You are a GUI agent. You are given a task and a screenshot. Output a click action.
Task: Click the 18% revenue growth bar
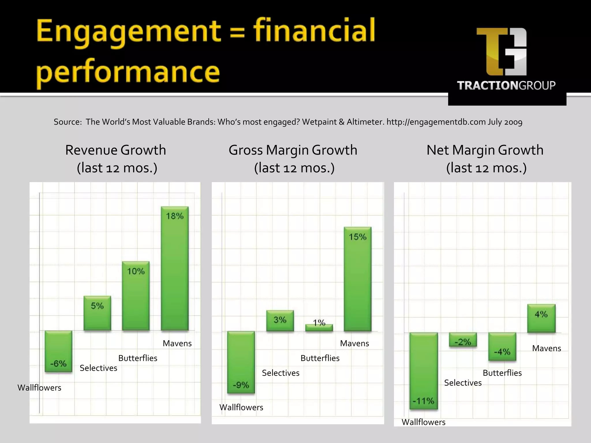[x=175, y=268]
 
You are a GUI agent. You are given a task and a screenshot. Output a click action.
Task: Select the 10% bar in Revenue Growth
[x=136, y=296]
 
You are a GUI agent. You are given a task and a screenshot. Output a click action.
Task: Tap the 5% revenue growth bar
[x=97, y=313]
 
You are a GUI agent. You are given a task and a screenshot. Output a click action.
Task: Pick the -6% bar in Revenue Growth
[x=58, y=351]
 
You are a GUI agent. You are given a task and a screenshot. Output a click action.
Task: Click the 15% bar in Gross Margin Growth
[x=358, y=279]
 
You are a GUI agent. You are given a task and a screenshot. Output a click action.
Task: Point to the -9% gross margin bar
[x=241, y=362]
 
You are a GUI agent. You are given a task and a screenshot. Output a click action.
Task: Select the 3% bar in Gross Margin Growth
[x=280, y=320]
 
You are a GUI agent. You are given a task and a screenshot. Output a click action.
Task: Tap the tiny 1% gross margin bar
[x=319, y=328]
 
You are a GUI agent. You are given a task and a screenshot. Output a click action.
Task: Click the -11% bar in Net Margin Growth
[x=424, y=371]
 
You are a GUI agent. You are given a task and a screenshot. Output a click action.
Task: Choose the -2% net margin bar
[x=463, y=339]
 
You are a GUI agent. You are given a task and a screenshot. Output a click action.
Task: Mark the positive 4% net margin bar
[x=541, y=318]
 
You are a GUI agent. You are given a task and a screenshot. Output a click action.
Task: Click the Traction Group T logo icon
[x=502, y=52]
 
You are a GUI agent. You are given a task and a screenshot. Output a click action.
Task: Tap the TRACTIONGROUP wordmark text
[x=506, y=85]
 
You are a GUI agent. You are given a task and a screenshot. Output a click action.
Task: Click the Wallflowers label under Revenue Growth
[x=39, y=388]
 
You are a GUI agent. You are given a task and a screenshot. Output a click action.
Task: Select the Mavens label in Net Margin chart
[x=546, y=348]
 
